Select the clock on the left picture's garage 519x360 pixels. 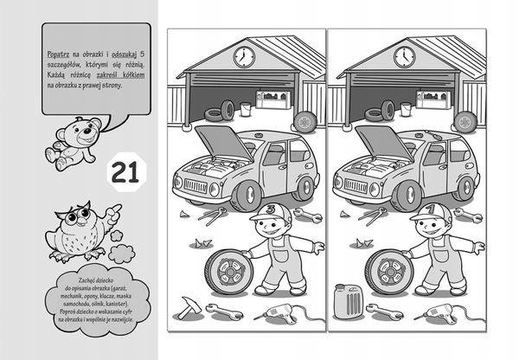point(243,57)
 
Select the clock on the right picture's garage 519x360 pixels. point(404,57)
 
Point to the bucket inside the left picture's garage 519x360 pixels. point(247,110)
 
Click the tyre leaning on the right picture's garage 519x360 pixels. point(465,121)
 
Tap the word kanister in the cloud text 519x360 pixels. point(118,310)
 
